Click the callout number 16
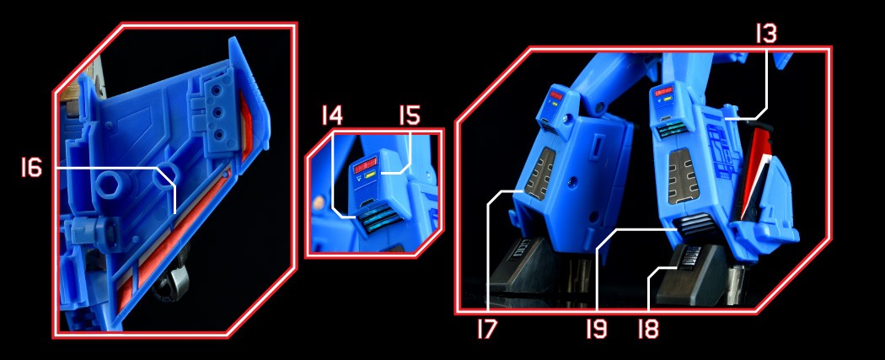(x=32, y=168)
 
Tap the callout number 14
(x=332, y=116)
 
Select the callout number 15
(x=410, y=116)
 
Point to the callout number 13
(x=766, y=35)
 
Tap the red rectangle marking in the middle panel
(x=365, y=164)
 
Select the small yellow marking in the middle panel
(x=371, y=175)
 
